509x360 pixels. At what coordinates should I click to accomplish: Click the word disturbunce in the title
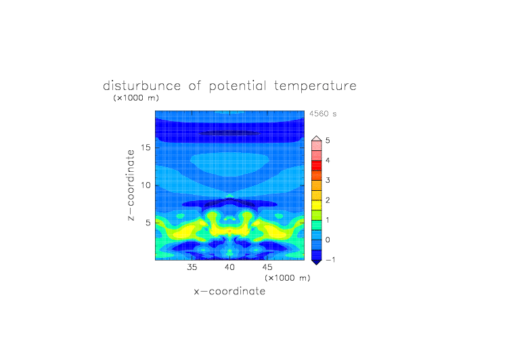(142, 86)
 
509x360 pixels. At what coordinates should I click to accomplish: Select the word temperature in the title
(315, 87)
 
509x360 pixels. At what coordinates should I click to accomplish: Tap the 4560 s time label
(323, 114)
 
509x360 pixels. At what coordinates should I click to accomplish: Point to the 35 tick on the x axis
(192, 267)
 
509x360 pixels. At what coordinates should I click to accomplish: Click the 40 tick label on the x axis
(230, 267)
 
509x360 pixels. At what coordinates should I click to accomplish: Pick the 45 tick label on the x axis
(267, 267)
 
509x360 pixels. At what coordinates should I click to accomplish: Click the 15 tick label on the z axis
(146, 148)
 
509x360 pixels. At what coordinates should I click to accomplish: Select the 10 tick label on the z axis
(146, 185)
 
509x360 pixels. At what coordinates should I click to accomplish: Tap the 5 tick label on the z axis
(148, 223)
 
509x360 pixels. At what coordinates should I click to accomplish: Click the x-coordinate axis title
(230, 291)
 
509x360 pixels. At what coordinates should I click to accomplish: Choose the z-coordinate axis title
(131, 185)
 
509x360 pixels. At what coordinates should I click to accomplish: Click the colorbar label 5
(328, 141)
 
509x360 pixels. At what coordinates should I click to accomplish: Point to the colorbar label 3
(328, 181)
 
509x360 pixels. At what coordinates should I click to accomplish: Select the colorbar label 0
(328, 240)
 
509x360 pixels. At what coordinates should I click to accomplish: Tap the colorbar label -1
(330, 260)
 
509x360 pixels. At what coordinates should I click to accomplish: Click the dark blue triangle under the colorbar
(317, 263)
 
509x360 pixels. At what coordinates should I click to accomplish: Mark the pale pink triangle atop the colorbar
(317, 139)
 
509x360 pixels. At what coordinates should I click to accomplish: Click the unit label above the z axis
(136, 98)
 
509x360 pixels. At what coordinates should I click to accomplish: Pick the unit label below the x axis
(288, 278)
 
